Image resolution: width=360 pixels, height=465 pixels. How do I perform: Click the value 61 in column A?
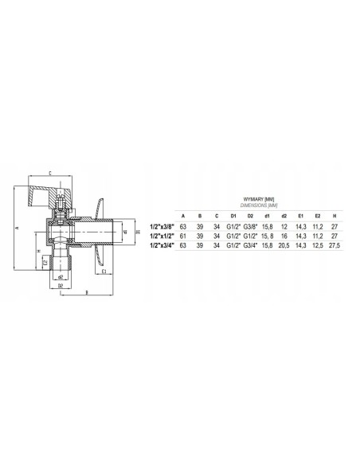[x=184, y=236]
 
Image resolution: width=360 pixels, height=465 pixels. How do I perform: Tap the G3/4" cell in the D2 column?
[x=249, y=245]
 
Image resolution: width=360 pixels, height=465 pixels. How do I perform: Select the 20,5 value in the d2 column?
[x=283, y=245]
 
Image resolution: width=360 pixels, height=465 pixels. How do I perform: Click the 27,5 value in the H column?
[x=335, y=245]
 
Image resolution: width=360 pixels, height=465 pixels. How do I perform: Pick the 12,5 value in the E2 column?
[x=317, y=245]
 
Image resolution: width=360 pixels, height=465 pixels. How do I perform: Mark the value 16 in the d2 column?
[x=283, y=236]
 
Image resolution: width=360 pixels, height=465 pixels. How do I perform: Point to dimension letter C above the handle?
[x=50, y=173]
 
